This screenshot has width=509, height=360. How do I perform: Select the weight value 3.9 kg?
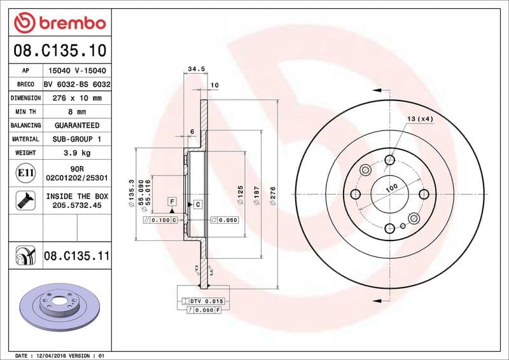pos(78,153)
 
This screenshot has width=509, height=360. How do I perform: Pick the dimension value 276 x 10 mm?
pos(78,99)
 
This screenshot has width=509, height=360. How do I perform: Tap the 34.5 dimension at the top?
pos(196,69)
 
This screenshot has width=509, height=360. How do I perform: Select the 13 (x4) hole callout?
pos(420,119)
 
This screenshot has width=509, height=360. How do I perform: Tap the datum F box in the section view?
pos(172,202)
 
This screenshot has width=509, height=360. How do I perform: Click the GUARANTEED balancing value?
pos(78,125)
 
